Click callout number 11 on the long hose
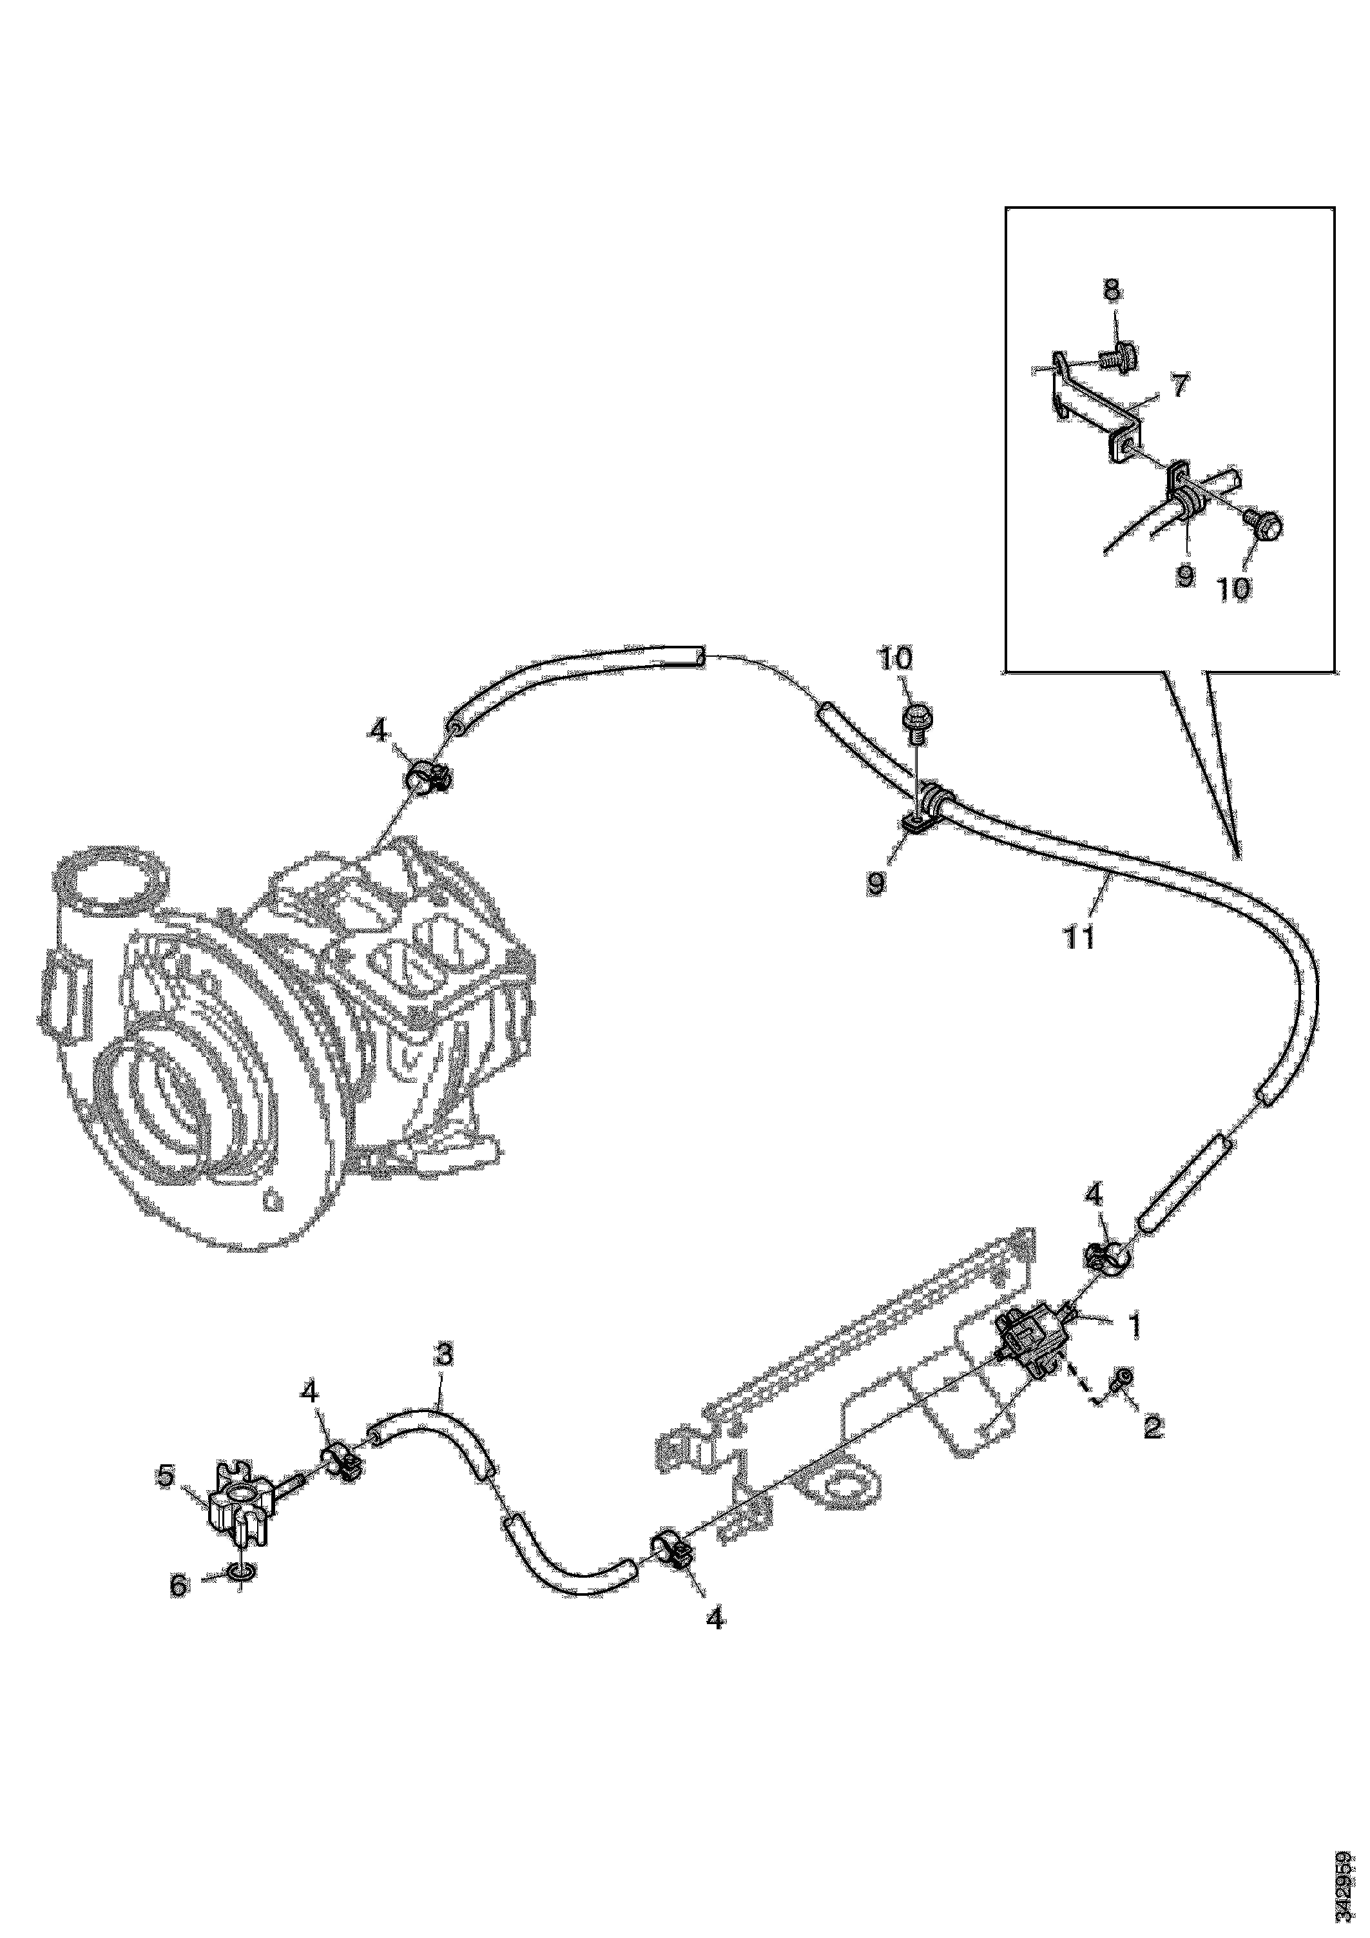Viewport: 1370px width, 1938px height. click(x=1081, y=937)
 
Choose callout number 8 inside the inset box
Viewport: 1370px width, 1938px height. click(x=1112, y=292)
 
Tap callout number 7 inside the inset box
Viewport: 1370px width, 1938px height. click(x=1179, y=386)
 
